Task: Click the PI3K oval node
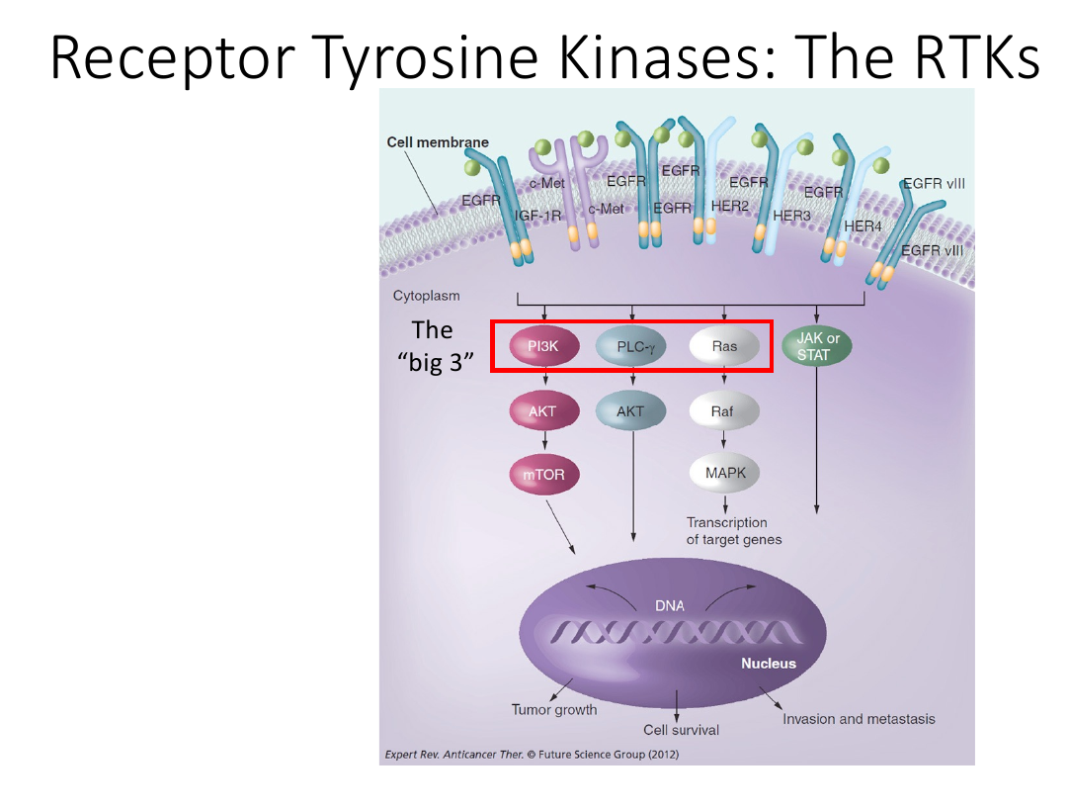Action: (544, 346)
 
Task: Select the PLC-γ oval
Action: (632, 347)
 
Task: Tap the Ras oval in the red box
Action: (724, 346)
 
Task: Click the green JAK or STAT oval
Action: (817, 346)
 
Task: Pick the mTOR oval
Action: (544, 475)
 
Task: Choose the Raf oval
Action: (723, 410)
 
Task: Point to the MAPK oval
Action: (724, 472)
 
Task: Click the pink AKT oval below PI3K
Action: (544, 410)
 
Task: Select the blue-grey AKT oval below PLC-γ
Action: (630, 410)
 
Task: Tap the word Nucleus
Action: (769, 664)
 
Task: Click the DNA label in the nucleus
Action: (670, 605)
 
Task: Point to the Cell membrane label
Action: (438, 142)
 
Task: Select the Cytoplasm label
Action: (426, 296)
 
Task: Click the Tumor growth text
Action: (554, 710)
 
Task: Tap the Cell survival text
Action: (681, 730)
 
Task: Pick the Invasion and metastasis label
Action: (859, 719)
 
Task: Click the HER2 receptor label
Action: (729, 206)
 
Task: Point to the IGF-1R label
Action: (537, 216)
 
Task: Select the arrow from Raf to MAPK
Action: (723, 439)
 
